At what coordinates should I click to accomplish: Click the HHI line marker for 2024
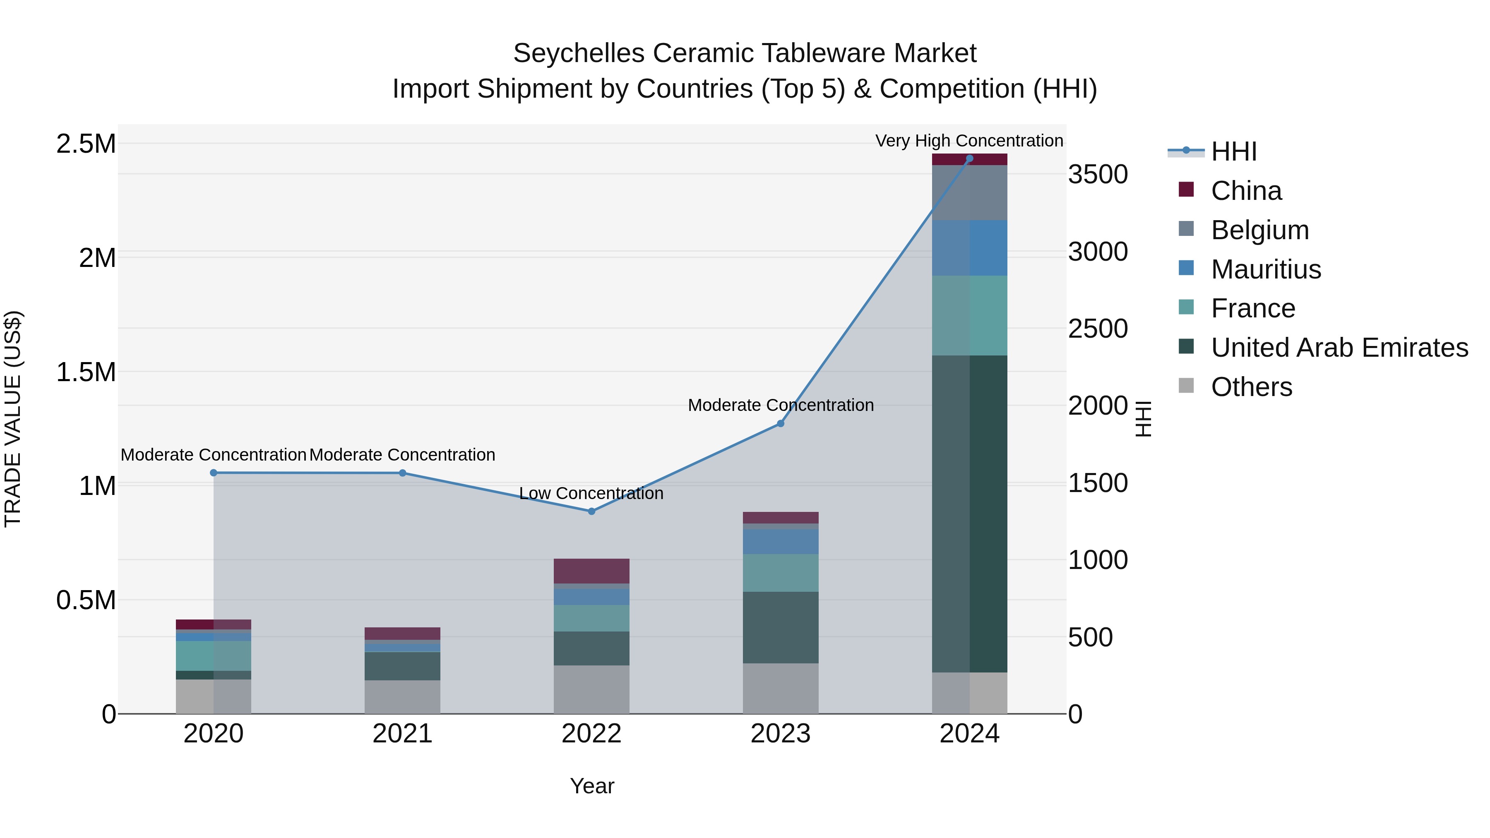point(969,158)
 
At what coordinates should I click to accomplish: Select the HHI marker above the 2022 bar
point(591,511)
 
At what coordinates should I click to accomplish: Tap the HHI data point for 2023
point(780,423)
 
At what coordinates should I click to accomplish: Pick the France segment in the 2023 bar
point(780,573)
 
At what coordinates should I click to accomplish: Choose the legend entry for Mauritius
point(1266,269)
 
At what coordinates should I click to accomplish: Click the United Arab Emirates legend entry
point(1339,348)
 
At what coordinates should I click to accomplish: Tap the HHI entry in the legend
point(1233,151)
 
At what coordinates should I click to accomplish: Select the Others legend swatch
point(1186,386)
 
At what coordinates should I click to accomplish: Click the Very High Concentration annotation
point(969,141)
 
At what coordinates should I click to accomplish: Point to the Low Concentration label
point(591,493)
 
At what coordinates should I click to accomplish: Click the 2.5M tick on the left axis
point(86,144)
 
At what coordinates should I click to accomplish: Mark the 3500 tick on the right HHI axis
point(1097,174)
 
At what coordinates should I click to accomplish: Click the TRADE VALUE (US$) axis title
point(13,419)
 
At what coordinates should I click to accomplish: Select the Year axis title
point(592,786)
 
